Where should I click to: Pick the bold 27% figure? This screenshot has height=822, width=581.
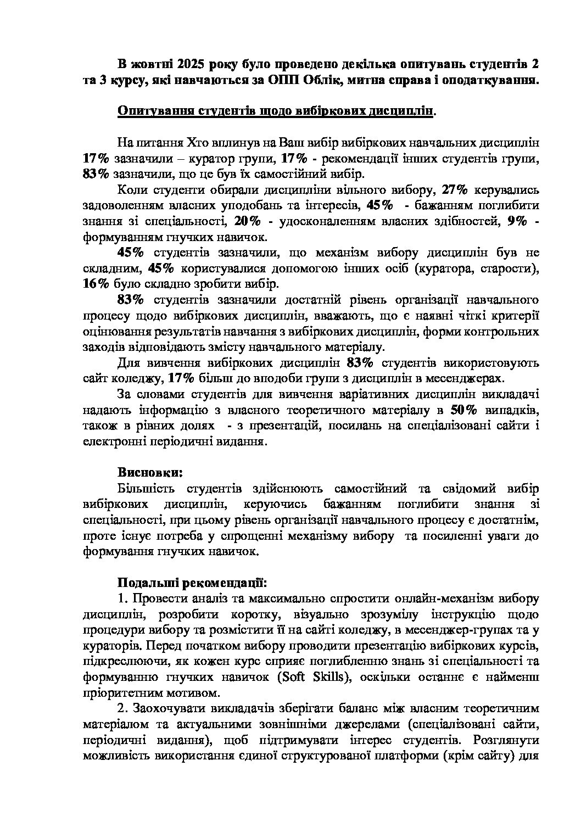coord(454,190)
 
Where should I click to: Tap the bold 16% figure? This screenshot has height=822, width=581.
coord(96,284)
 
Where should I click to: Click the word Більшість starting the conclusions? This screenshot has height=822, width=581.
coord(146,488)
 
